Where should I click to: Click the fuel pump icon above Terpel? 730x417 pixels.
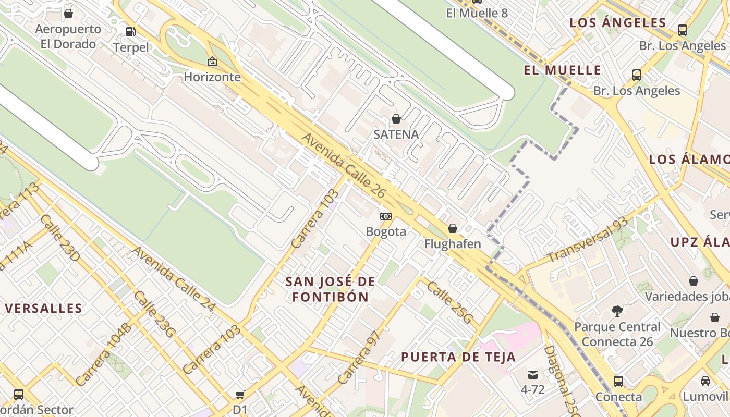coord(130,32)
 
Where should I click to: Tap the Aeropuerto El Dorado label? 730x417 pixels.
coord(68,36)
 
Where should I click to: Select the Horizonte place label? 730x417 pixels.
coord(212,77)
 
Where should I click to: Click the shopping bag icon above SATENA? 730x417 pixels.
coord(396,119)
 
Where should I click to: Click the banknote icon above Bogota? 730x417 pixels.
coord(386,216)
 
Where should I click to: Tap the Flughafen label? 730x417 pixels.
coord(453,244)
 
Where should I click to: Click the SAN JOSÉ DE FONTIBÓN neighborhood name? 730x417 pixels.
coord(330,289)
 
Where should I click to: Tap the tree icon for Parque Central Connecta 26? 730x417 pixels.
coord(617,312)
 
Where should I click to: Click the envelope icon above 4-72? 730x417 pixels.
coord(532,374)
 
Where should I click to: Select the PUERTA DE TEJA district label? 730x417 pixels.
coord(458,357)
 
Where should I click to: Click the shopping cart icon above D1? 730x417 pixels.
coord(240,395)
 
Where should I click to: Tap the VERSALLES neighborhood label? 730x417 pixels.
coord(44,308)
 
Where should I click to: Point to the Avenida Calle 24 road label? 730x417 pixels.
coord(173,279)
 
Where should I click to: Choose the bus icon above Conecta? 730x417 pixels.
coord(618,381)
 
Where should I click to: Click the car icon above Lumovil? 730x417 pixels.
coord(705,381)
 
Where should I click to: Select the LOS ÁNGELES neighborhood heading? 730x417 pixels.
coord(618,22)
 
